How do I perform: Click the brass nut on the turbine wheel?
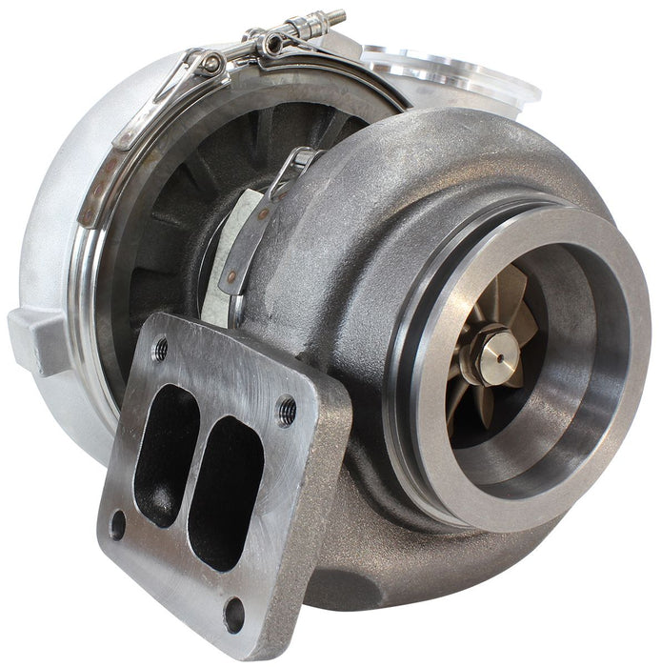coord(492,354)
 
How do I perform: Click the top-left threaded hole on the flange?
coord(161,350)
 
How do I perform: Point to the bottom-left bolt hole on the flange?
coord(117,525)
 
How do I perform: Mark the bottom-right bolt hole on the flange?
coord(233,614)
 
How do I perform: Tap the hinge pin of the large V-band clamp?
coord(211,63)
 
